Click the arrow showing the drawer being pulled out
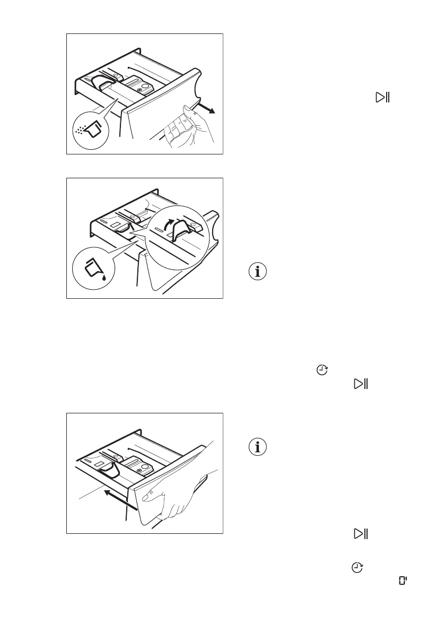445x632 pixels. tap(206, 109)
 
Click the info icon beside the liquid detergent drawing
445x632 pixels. tap(258, 272)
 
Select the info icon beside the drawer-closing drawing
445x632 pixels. tap(258, 447)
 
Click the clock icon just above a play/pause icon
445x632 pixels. tap(321, 370)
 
